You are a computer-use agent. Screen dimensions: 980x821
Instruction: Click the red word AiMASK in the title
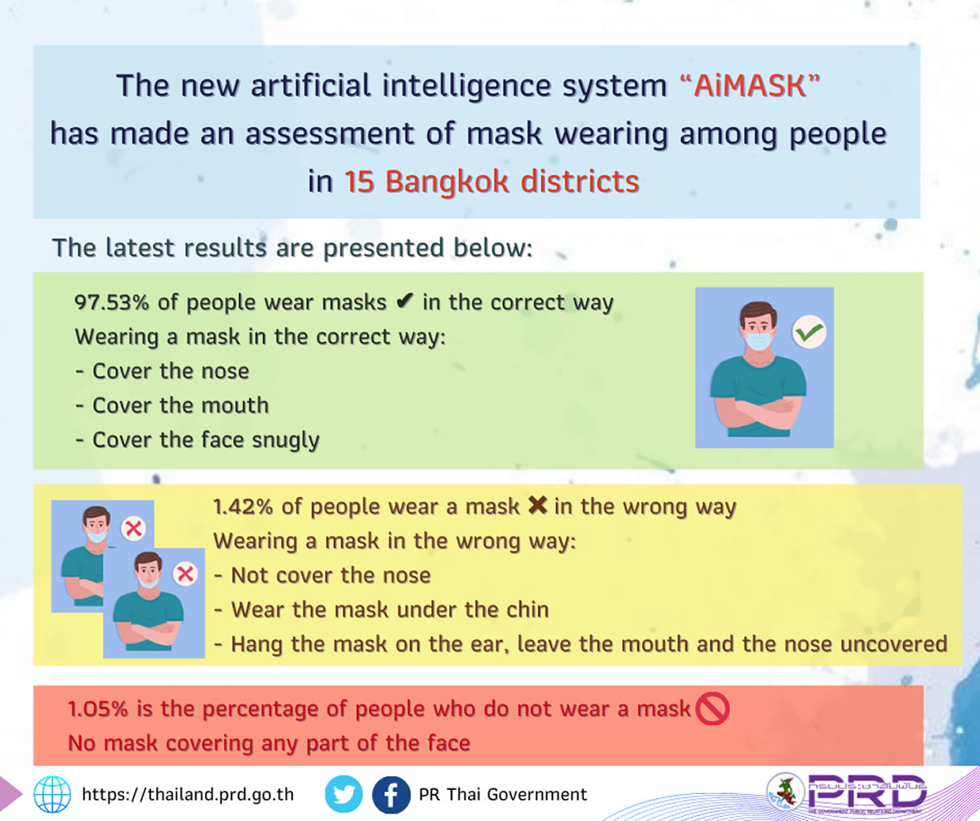(x=750, y=86)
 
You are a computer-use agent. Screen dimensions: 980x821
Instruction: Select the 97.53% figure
(x=112, y=302)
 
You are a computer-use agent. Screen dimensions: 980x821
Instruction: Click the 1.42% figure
(x=243, y=507)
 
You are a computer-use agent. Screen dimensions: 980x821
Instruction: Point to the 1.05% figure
(x=98, y=709)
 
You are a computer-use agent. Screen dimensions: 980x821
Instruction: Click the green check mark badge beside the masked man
(x=809, y=332)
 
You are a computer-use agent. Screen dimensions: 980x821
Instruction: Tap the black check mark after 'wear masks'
(x=404, y=301)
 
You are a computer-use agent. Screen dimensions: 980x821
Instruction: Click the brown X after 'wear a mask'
(x=537, y=505)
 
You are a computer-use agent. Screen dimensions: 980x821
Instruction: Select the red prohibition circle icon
(x=712, y=709)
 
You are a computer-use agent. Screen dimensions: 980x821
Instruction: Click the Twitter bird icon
(x=344, y=794)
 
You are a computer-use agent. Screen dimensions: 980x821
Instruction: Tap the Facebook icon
(x=391, y=794)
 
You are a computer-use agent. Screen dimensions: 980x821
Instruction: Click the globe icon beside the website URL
(x=52, y=794)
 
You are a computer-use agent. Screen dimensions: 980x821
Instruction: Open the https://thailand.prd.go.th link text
(x=188, y=794)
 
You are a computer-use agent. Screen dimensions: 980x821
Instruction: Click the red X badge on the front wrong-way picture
(x=185, y=574)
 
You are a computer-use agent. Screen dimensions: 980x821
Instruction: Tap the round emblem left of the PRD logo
(x=785, y=792)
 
